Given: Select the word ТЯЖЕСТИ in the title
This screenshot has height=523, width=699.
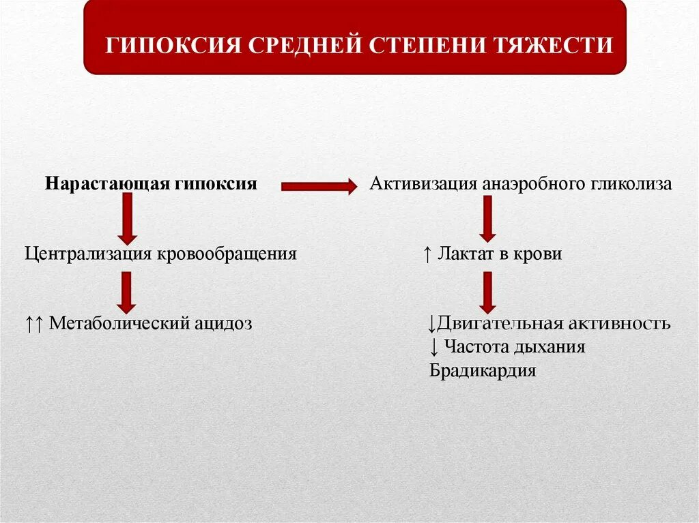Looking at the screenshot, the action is (559, 46).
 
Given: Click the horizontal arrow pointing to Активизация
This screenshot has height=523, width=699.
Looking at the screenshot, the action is (319, 185).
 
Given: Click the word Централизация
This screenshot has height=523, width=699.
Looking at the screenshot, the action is (89, 254).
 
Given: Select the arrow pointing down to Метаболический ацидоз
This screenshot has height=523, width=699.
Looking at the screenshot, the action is (126, 292).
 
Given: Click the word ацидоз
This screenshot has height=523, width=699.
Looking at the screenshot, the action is (223, 323).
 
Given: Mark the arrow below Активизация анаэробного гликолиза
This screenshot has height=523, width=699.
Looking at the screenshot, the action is (487, 218).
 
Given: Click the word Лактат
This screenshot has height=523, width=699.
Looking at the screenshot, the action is (466, 254).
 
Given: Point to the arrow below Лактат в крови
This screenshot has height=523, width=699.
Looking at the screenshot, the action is (487, 292).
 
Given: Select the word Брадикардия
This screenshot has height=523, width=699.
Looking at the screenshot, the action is (483, 371).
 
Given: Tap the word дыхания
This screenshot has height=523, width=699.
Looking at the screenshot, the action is (552, 347).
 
